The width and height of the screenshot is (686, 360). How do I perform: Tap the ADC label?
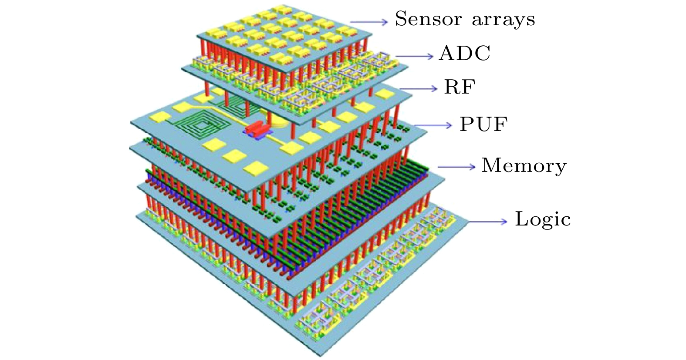click(465, 53)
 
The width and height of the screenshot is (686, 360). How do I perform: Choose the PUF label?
click(484, 124)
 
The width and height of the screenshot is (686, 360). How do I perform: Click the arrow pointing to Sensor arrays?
click(369, 22)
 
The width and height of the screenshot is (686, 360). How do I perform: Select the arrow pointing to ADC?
click(414, 56)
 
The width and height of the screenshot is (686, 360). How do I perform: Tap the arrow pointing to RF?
click(418, 89)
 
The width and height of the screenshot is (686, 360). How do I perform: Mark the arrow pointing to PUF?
click(433, 125)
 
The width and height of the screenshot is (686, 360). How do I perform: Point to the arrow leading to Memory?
click(456, 167)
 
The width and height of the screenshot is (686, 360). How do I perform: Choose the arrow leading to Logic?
click(487, 222)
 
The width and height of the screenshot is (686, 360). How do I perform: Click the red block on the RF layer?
click(257, 128)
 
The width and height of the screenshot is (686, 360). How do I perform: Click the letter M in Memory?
click(493, 165)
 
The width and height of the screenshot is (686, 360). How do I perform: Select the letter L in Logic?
click(522, 219)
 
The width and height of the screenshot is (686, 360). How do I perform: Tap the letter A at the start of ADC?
click(447, 53)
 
